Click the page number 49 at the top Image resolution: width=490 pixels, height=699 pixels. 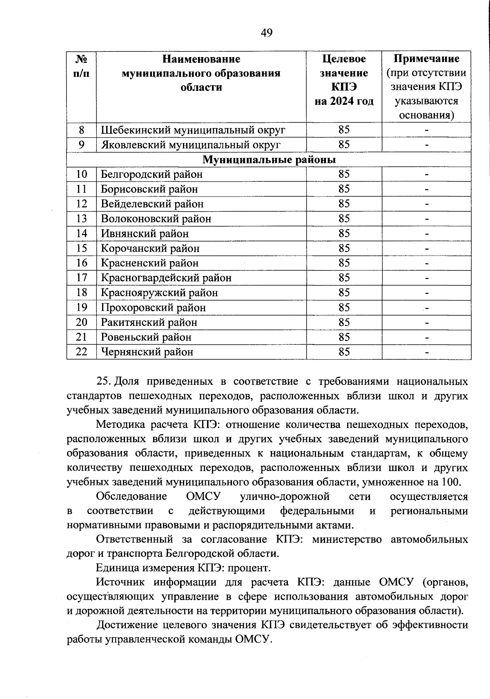click(266, 33)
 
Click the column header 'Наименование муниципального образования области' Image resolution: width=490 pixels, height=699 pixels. click(201, 73)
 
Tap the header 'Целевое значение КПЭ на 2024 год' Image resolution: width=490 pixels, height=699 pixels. click(344, 80)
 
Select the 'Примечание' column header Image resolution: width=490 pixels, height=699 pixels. click(426, 59)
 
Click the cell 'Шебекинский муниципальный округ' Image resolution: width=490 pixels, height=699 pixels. click(193, 130)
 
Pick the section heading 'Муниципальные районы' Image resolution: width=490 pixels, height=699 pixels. click(269, 159)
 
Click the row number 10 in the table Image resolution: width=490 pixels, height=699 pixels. click(82, 175)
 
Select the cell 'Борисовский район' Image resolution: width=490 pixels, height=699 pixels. click(149, 189)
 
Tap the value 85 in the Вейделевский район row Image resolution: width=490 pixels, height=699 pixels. click(344, 204)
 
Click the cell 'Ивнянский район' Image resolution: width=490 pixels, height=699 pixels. click(145, 234)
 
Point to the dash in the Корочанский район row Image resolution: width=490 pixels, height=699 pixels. click(426, 248)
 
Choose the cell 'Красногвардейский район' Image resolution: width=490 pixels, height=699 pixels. click(166, 278)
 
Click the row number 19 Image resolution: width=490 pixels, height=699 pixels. click(82, 307)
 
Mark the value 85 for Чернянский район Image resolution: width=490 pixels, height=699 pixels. click(344, 352)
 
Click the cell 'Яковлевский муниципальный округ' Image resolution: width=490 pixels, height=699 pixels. click(191, 145)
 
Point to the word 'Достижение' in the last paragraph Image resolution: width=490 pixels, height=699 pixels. click(126, 625)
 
